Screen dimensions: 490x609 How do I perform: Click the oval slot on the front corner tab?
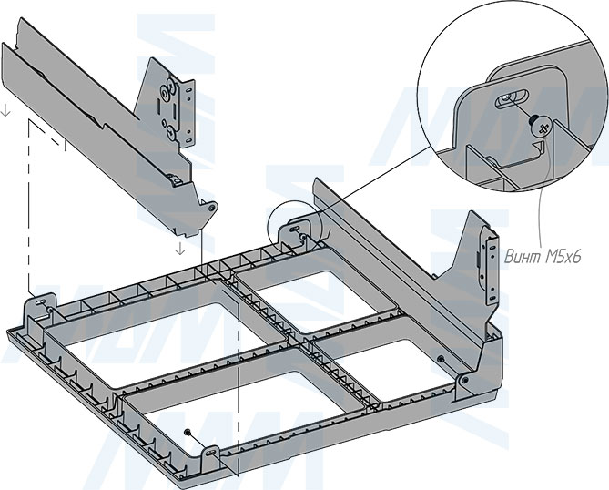tap(212, 450)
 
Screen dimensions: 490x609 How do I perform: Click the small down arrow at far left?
tap(5, 112)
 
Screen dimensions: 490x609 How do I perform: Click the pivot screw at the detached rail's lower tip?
tap(212, 207)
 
